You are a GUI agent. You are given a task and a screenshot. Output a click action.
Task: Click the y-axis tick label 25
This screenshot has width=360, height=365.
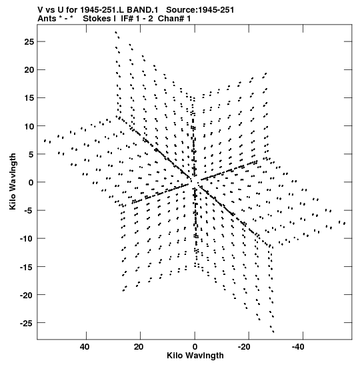click(29, 41)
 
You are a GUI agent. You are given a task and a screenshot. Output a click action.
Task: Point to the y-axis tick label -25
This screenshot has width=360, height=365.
click(27, 323)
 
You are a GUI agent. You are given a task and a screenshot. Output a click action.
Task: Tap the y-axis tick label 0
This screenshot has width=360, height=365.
click(31, 183)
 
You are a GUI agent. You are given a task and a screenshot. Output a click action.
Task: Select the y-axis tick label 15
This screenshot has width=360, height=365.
click(29, 98)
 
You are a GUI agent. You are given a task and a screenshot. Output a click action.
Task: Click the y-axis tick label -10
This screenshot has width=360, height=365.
click(27, 239)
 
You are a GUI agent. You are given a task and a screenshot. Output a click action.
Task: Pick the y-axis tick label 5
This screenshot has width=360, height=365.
click(31, 154)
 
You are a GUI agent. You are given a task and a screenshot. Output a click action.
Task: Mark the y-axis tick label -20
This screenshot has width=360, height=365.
click(27, 295)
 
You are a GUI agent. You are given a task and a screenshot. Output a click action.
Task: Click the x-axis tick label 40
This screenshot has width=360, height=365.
click(85, 347)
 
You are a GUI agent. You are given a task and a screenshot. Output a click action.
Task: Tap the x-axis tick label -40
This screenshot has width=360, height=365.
click(298, 347)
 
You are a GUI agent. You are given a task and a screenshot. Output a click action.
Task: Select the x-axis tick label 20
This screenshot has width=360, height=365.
click(139, 347)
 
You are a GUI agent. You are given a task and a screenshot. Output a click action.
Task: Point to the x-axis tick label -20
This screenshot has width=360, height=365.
click(244, 347)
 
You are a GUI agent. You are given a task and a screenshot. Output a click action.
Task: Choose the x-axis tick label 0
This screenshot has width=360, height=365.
click(195, 347)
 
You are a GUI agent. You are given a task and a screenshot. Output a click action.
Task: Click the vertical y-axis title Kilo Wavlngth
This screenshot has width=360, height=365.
click(13, 181)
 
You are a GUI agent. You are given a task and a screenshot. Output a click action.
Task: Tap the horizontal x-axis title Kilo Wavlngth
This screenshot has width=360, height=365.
click(195, 356)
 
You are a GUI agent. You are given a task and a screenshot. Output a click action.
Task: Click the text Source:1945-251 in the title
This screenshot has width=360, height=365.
click(200, 10)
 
